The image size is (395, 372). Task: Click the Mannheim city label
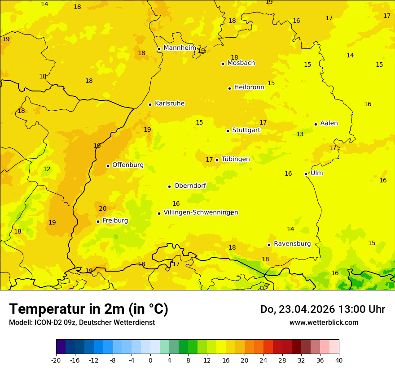[180, 48]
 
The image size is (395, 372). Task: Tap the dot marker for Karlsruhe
[150, 104]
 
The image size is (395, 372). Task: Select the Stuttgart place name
[246, 130]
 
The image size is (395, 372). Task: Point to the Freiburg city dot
[98, 221]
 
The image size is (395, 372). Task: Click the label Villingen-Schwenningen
[201, 212]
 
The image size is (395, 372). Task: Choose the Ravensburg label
[292, 244]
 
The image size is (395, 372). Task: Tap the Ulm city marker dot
[306, 174]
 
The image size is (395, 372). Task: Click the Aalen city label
[329, 123]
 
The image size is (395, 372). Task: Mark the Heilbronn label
[249, 87]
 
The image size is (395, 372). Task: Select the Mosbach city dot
[223, 64]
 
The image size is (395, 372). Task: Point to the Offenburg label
[128, 165]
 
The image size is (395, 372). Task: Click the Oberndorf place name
[190, 186]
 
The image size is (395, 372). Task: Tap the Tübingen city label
[236, 159]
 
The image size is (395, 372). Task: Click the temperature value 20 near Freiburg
[103, 208]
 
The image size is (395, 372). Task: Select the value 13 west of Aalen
[300, 134]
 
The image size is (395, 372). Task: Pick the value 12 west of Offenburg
[47, 169]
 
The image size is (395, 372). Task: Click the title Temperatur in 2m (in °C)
[88, 309]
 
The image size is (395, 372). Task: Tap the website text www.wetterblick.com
[324, 322]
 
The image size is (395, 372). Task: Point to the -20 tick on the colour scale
[56, 360]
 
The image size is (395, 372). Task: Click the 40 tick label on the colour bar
[339, 360]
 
